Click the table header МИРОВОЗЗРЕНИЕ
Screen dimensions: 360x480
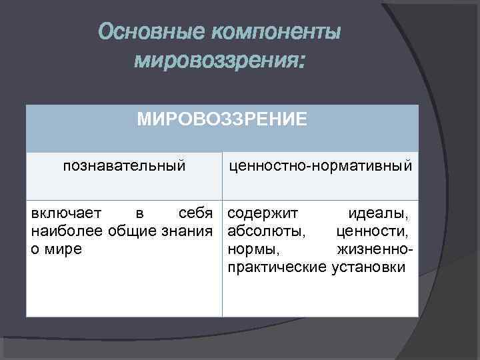222,119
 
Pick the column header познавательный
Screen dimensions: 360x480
124,164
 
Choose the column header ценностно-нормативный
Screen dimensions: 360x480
321,164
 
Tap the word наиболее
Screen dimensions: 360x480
65,231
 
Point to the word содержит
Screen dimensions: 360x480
262,214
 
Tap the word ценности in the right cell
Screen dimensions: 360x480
373,231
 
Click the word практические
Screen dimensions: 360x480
277,267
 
